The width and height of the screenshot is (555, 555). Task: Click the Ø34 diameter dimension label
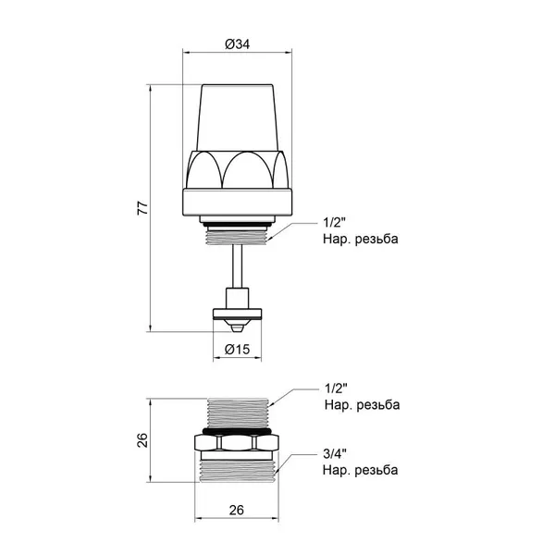pos(237,44)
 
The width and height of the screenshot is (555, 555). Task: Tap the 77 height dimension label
pos(142,208)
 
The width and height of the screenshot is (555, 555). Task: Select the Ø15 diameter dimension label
pos(237,350)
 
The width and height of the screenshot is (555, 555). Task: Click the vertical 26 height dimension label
pos(142,440)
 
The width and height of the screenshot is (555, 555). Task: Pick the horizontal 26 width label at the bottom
pos(237,510)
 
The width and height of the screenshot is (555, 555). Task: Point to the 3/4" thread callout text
pos(335,453)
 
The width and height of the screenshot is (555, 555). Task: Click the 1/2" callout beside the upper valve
pos(334,223)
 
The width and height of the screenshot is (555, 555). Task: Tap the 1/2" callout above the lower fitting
pos(336,388)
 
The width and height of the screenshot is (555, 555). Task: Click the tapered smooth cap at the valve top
pos(237,117)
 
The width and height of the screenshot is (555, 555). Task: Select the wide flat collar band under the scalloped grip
pos(237,203)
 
